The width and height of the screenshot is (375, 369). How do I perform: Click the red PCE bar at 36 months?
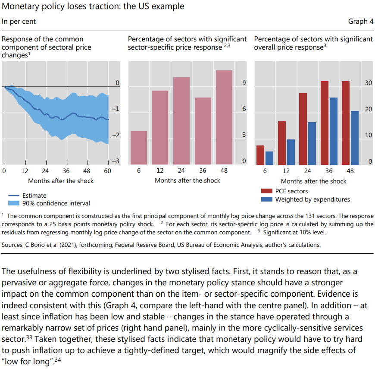tap(324, 123)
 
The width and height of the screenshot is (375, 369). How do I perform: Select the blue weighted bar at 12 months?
tap(291, 152)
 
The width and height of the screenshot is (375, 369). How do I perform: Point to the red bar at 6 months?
tap(260, 155)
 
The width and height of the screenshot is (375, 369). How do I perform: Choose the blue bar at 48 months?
tap(354, 138)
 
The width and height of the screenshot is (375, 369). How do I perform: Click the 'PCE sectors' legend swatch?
tap(266, 191)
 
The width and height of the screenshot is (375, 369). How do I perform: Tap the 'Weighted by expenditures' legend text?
tap(312, 199)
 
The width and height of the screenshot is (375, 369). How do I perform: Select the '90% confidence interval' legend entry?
tap(56, 203)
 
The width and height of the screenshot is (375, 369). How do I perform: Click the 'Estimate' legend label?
tap(34, 196)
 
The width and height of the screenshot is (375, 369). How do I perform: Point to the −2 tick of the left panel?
tap(115, 136)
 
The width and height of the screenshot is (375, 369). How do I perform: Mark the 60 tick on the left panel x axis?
tap(108, 171)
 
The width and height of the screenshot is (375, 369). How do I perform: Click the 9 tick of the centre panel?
tap(244, 83)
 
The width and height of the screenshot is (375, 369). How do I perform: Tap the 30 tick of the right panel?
tap(368, 83)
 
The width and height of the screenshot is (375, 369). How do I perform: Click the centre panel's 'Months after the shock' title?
tap(187, 180)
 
